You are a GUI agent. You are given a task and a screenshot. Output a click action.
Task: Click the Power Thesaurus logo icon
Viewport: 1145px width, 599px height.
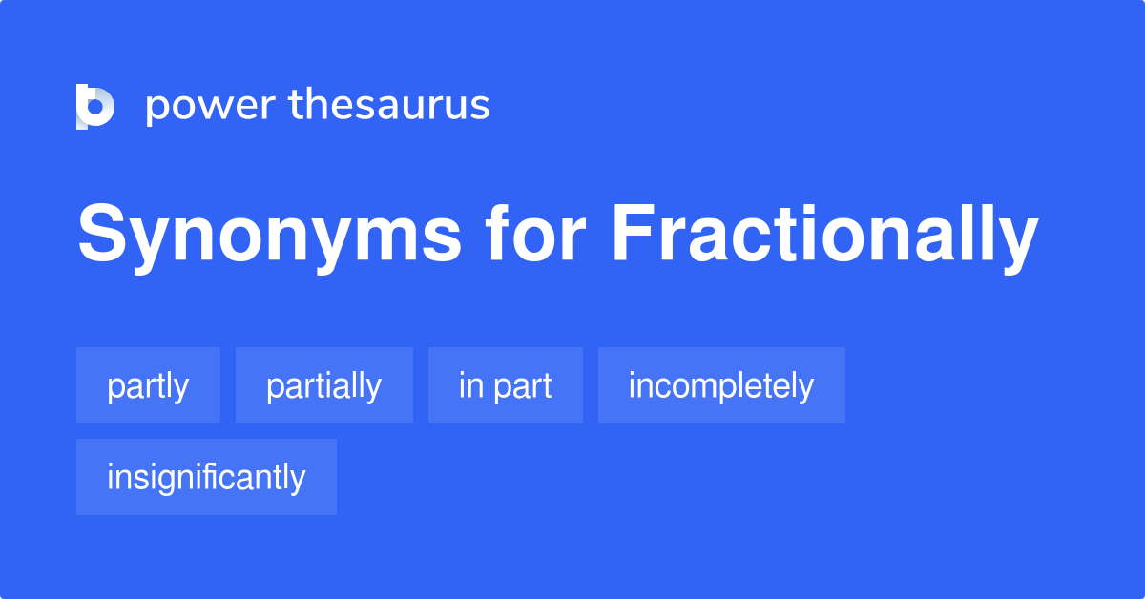[x=95, y=106]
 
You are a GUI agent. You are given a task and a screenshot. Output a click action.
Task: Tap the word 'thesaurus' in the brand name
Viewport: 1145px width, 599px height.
[x=389, y=105]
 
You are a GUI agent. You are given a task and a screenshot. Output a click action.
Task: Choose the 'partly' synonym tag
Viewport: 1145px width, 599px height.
[x=148, y=385]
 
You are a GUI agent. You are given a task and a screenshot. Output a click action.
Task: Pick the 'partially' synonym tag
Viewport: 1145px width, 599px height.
[x=323, y=385]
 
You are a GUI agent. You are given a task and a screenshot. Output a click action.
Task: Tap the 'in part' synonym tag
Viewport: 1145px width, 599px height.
[x=505, y=385]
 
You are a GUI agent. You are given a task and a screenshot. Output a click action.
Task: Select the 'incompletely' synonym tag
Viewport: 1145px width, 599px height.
[x=720, y=385]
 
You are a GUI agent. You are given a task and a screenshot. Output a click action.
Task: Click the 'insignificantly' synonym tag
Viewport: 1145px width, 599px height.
[x=206, y=477]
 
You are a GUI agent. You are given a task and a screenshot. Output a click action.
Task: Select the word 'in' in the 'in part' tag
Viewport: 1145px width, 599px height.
[x=468, y=385]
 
